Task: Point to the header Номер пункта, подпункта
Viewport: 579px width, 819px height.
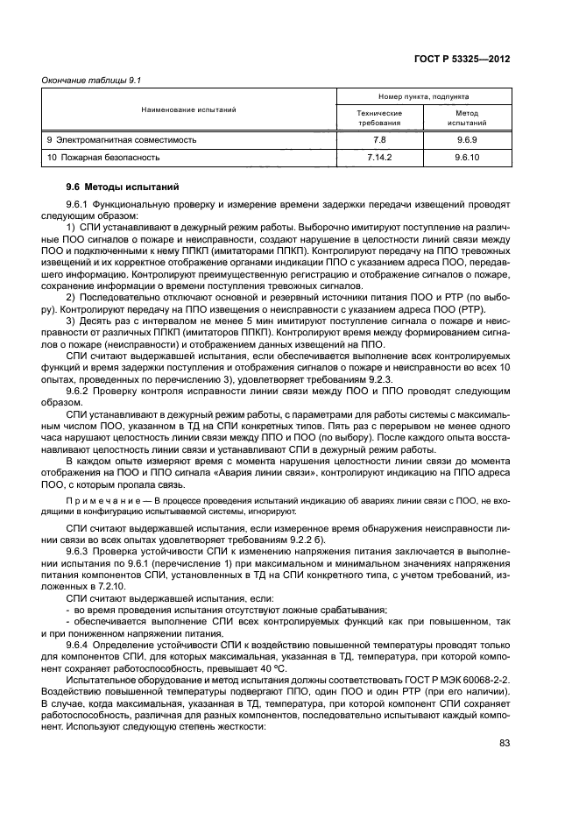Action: [423, 97]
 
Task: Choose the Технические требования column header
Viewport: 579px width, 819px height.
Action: [379, 118]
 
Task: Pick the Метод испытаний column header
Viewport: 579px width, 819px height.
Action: [466, 118]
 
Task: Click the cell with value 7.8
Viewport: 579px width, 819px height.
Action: [379, 139]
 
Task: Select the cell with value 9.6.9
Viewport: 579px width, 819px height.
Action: [466, 139]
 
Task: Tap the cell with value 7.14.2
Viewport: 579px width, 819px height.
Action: [379, 158]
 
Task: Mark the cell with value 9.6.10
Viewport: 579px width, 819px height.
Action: [466, 158]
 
